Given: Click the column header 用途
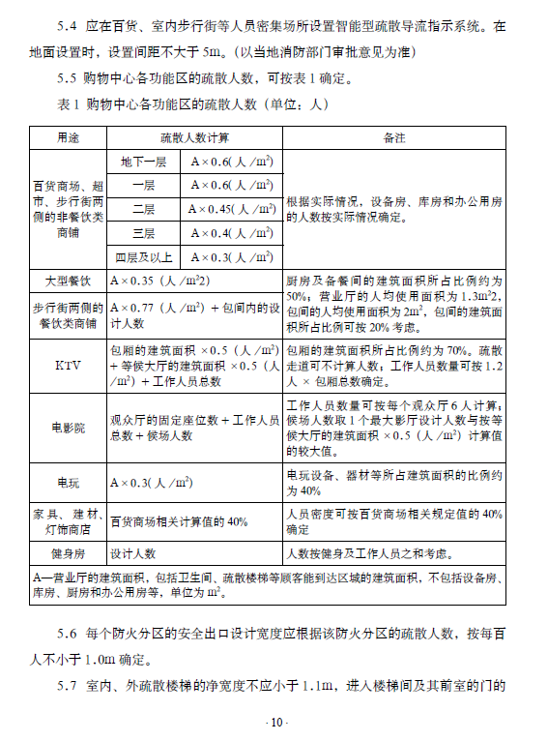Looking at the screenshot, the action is pos(68,137).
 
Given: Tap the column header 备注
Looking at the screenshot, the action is pos(394,137).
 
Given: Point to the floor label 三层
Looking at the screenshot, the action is pos(145,232).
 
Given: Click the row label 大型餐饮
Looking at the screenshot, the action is pos(68,281).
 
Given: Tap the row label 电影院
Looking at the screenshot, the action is pos(68,427).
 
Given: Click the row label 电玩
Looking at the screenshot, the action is pos(68,482).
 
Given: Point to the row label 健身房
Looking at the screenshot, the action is pos(68,553).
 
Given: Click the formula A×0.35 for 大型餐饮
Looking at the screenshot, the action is pos(160,281).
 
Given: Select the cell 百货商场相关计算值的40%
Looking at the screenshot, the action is pos(180,521).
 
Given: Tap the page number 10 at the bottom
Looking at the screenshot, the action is pos(274,723).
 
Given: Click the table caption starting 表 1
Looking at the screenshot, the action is pos(179,104).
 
